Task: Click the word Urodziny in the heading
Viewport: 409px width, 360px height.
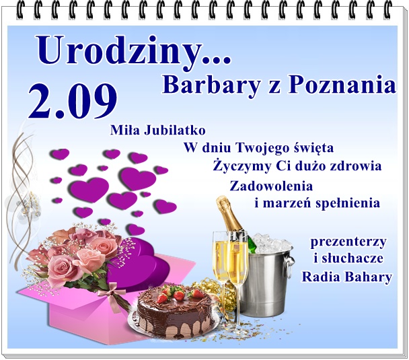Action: pos(120,51)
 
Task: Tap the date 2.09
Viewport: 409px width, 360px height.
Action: pos(73,101)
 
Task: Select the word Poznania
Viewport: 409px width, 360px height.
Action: pos(342,85)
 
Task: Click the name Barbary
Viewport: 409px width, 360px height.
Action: pos(211,85)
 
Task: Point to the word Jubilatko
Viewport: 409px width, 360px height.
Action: pos(174,131)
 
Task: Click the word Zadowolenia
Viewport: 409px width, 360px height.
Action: pos(271,186)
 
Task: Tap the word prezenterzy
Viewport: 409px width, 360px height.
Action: pos(348,242)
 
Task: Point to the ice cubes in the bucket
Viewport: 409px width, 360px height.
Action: pos(271,243)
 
